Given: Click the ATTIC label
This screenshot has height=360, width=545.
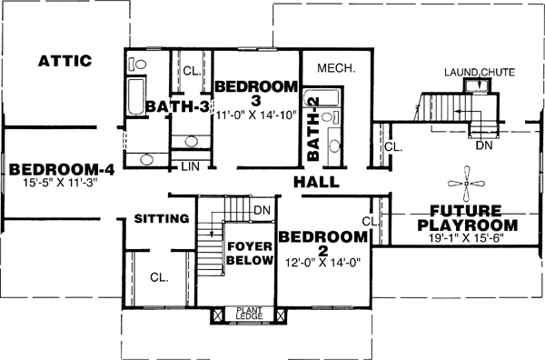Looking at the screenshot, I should (x=64, y=62).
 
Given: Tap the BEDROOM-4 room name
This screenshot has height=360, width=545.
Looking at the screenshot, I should (x=50, y=169).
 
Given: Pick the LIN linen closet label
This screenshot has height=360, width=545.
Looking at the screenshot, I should (x=190, y=166).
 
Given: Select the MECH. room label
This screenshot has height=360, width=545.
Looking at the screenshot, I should (x=335, y=69).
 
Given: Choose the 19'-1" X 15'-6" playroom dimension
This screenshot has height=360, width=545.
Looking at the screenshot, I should (x=466, y=238).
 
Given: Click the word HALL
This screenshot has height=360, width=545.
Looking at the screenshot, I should (x=315, y=183).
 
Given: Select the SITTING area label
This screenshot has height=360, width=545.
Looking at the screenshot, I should (x=161, y=219).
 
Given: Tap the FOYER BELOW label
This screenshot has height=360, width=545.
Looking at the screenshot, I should (x=250, y=254).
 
